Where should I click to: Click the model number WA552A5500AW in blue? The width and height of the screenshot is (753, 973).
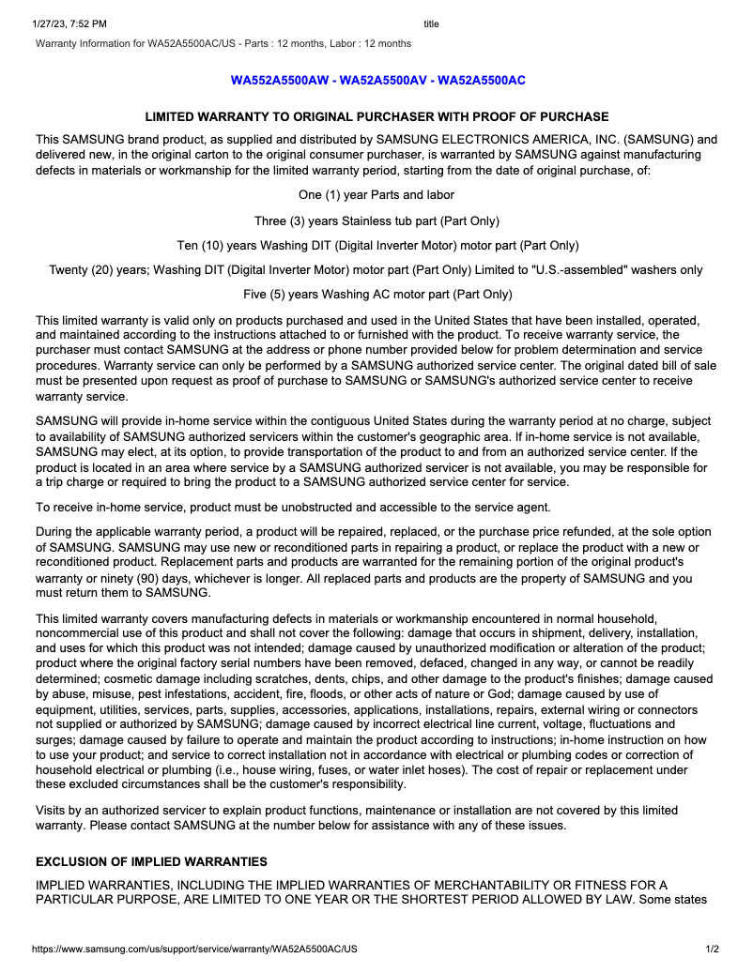[x=280, y=81]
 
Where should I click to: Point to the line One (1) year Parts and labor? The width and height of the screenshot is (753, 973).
[x=376, y=195]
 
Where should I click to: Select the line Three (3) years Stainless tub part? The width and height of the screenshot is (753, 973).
[x=376, y=221]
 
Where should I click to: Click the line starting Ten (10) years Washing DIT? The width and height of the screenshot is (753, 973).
[x=376, y=246]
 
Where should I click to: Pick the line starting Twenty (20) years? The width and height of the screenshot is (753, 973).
[x=376, y=270]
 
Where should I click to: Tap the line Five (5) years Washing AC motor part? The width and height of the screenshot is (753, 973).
[x=376, y=295]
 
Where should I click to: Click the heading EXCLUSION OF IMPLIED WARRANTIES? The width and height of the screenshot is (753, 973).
[x=151, y=861]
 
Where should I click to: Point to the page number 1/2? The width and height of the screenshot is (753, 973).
[x=713, y=950]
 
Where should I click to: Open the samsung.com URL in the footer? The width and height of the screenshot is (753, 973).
[x=194, y=950]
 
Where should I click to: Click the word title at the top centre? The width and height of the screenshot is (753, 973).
[x=431, y=23]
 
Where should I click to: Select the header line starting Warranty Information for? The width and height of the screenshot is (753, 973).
[x=223, y=43]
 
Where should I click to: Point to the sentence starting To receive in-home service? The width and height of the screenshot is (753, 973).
[x=293, y=508]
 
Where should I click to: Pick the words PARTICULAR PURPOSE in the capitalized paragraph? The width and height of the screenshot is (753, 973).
[x=100, y=901]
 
